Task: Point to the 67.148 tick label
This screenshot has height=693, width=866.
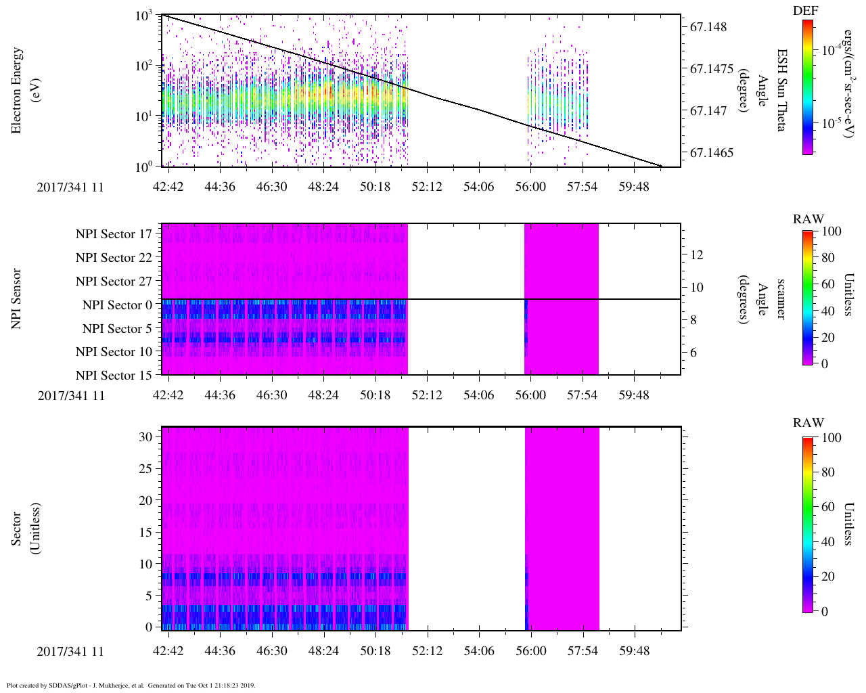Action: coord(708,27)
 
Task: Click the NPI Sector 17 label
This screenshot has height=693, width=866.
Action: coord(114,234)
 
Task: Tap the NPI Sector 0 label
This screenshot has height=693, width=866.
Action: coord(117,305)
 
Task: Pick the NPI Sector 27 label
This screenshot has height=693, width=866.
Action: coord(114,282)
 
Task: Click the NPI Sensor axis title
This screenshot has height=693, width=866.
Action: coord(16,299)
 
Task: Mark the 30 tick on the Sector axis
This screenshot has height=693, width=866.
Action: coord(146,437)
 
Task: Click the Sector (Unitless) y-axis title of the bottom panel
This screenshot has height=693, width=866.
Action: coord(25,529)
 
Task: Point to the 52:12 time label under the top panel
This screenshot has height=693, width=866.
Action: coord(427,187)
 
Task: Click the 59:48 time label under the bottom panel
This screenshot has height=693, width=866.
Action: coord(634,651)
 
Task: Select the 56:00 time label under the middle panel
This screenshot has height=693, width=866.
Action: coord(530,395)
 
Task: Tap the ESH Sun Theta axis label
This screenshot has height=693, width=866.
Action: coord(782,90)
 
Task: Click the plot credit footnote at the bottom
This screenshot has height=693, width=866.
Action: coord(131,685)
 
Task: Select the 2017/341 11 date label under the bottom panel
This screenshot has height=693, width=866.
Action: coord(70,651)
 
